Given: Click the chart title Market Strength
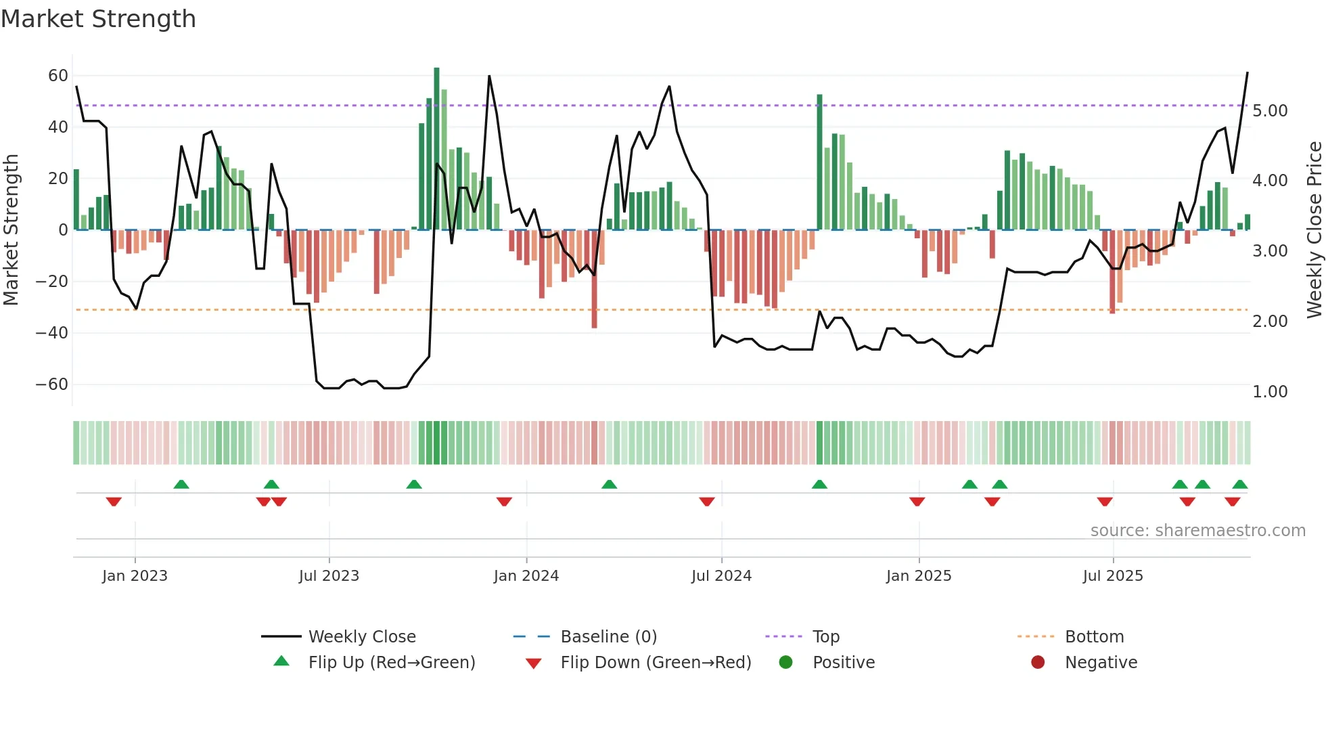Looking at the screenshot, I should [x=98, y=19].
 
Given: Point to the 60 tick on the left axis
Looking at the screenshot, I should [x=58, y=76].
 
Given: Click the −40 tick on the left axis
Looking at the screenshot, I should [x=52, y=333].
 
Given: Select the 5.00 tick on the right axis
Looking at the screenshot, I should [x=1270, y=111].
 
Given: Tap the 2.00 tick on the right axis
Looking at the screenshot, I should [x=1270, y=322].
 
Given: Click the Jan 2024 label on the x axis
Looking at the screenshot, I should [x=526, y=576].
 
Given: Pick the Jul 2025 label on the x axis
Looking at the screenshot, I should [x=1112, y=576].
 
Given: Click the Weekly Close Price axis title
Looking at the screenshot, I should [x=1314, y=229].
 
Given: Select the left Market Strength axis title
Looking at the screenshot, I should [x=11, y=229].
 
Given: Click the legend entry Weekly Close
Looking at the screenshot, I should [x=361, y=637].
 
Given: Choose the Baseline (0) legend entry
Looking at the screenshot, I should [x=608, y=637].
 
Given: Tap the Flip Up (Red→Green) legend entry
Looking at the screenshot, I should [x=391, y=663].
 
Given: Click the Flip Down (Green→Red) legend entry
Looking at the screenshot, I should [x=655, y=663].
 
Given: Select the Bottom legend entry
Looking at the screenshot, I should [x=1094, y=637].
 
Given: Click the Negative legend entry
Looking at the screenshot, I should [x=1101, y=663].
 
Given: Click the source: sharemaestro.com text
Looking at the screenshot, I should [x=1197, y=531].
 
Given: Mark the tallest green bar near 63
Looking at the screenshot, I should [x=436, y=149].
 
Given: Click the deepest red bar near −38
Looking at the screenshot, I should [x=594, y=279].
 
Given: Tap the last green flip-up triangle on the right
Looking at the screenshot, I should [x=1239, y=484].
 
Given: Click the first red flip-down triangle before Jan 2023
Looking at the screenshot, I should [x=114, y=502].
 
